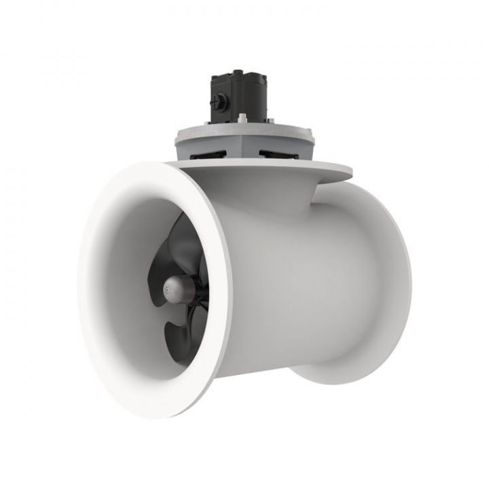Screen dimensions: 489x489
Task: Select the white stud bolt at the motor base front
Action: [x=242, y=121]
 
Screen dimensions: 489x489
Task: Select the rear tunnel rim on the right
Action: [x=401, y=285]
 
